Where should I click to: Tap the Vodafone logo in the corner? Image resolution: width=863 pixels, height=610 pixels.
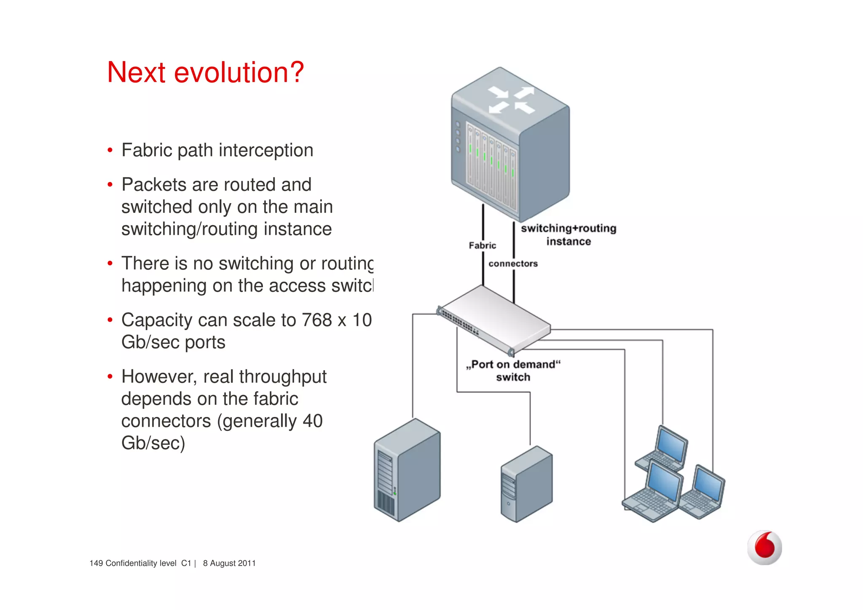pos(764,547)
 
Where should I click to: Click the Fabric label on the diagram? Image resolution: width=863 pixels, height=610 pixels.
pos(482,245)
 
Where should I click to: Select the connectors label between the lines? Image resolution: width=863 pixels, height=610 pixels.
pos(513,264)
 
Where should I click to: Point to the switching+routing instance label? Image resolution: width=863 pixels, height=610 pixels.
pos(568,235)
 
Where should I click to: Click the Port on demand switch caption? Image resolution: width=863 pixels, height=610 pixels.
pos(513,371)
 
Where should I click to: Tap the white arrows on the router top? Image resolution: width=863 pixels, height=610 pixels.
pos(511,100)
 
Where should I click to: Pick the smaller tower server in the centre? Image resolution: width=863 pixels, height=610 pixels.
pos(526,485)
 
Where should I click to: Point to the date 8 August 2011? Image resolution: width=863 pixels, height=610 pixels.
pos(229,563)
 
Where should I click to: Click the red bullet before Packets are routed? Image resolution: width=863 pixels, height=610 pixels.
pos(110,185)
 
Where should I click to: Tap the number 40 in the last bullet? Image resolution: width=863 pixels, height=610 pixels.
pos(312,421)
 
